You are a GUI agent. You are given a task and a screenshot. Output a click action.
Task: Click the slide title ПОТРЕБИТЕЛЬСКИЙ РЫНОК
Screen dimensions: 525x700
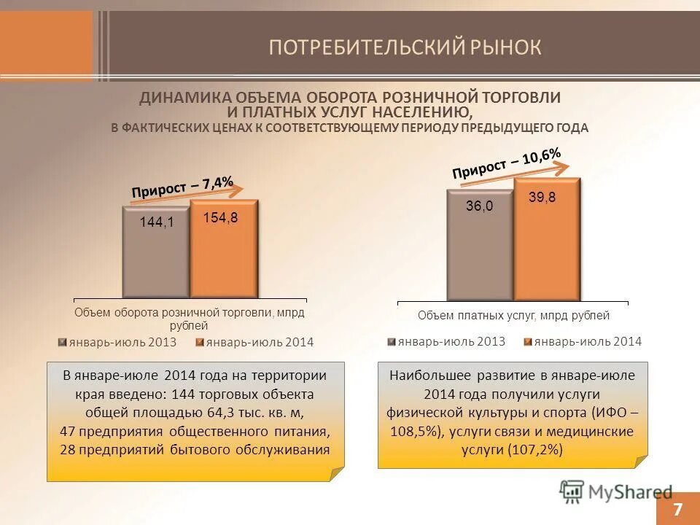coord(405,47)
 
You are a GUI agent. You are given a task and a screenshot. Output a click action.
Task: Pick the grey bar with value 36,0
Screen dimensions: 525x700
coord(480,244)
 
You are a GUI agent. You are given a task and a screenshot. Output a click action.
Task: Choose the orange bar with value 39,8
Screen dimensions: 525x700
coord(547,241)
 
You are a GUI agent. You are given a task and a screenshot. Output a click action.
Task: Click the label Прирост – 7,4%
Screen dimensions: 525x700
coord(182,187)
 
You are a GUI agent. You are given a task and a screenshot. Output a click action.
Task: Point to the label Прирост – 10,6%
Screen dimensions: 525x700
coord(506,163)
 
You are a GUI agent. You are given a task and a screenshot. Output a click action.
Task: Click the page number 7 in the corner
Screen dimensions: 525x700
coord(678,508)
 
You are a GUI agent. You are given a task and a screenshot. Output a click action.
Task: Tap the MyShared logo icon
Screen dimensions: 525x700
coord(572,491)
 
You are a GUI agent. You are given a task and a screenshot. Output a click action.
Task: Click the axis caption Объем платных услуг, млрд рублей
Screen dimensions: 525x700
coord(513,316)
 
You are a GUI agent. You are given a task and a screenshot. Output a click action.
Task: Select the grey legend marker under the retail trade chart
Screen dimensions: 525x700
coord(63,342)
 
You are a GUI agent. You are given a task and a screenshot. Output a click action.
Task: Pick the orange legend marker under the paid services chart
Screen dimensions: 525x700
coord(529,341)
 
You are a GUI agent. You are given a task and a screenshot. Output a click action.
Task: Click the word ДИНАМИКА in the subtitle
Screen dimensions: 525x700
coord(180,98)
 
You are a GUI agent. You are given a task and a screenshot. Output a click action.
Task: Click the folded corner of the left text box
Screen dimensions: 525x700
coord(336,474)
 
